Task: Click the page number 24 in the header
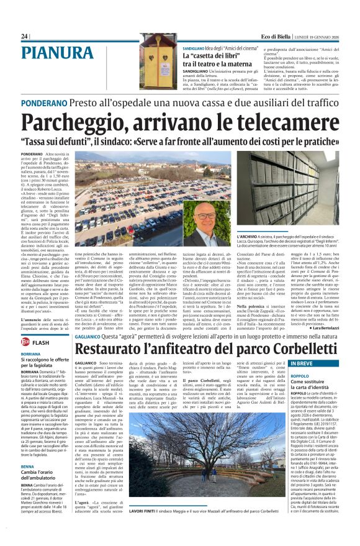24,37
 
